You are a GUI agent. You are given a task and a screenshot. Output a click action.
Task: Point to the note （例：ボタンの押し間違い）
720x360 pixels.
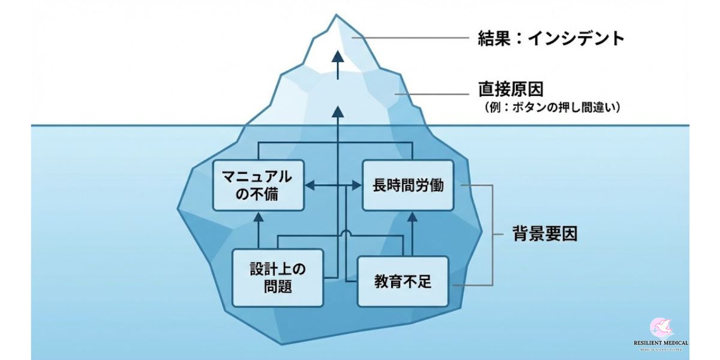tap(552, 108)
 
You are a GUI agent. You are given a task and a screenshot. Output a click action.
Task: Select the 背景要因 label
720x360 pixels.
tap(545, 233)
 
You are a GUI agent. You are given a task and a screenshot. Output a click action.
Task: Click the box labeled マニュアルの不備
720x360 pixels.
tap(258, 185)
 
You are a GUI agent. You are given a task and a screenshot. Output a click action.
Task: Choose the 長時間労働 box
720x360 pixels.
tap(408, 185)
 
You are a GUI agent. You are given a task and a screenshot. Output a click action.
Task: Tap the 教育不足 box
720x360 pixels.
tap(403, 281)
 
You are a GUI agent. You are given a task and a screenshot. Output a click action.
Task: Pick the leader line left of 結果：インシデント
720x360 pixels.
tap(414, 38)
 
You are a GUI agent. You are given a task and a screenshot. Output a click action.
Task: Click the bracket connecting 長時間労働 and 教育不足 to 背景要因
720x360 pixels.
tap(492, 234)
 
